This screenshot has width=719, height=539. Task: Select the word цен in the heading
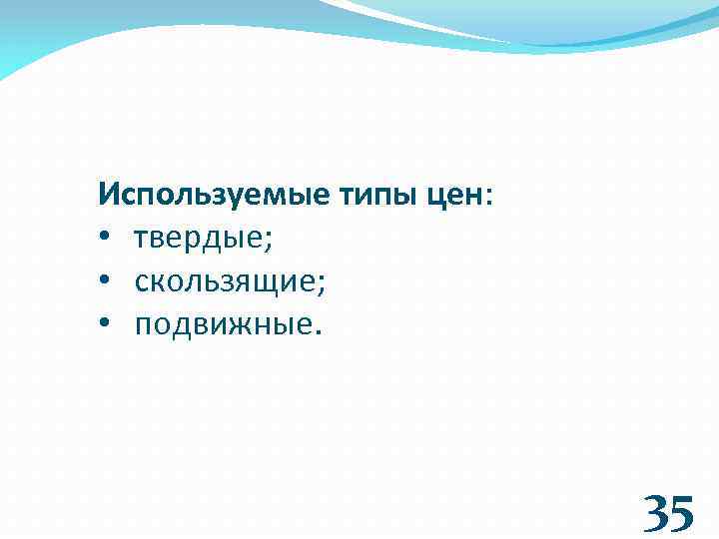tap(455, 194)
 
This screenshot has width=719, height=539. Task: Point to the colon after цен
tap(488, 196)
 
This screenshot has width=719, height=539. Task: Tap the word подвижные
tap(224, 326)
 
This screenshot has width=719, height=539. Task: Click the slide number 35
tap(667, 513)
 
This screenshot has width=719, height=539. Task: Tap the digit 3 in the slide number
tap(655, 513)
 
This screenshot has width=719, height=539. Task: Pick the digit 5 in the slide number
tap(680, 513)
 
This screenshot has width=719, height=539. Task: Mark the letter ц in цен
tap(437, 196)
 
